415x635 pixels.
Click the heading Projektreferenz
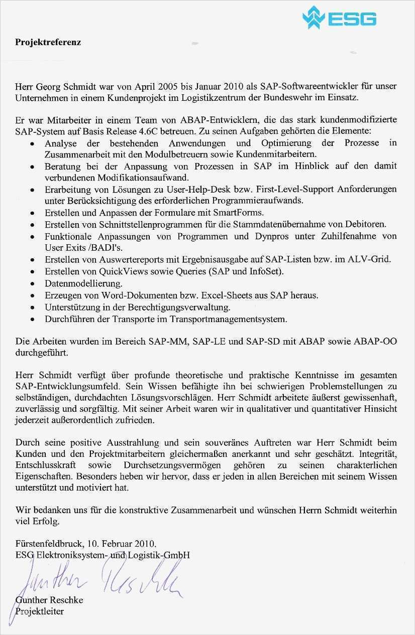48,42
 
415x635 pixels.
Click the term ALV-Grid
372,259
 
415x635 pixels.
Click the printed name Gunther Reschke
49,600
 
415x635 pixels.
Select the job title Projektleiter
40,611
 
